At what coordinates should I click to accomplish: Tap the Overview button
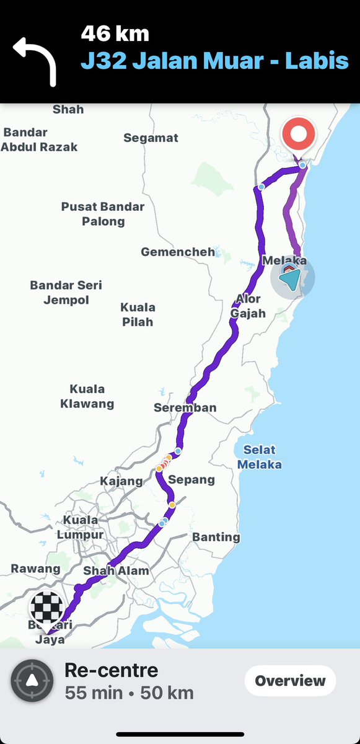click(290, 681)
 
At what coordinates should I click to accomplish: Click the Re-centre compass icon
click(32, 681)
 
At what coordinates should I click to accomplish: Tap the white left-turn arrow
click(35, 60)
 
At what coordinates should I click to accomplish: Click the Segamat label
click(151, 138)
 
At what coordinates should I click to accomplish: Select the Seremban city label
click(185, 407)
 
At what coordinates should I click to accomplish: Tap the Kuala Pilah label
click(137, 314)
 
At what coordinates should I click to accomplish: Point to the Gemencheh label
click(178, 252)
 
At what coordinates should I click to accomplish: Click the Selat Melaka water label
click(260, 457)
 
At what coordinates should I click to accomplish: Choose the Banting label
click(216, 537)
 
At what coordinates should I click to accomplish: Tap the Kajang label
click(121, 481)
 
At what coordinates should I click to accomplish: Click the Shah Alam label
click(116, 571)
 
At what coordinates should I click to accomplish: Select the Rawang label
click(35, 569)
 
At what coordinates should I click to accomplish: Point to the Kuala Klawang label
click(87, 396)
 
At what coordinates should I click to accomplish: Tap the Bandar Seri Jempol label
click(66, 293)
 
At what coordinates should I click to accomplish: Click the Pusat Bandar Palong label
click(103, 214)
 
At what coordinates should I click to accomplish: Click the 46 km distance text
click(115, 34)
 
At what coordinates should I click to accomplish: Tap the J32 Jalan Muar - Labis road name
click(214, 61)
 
